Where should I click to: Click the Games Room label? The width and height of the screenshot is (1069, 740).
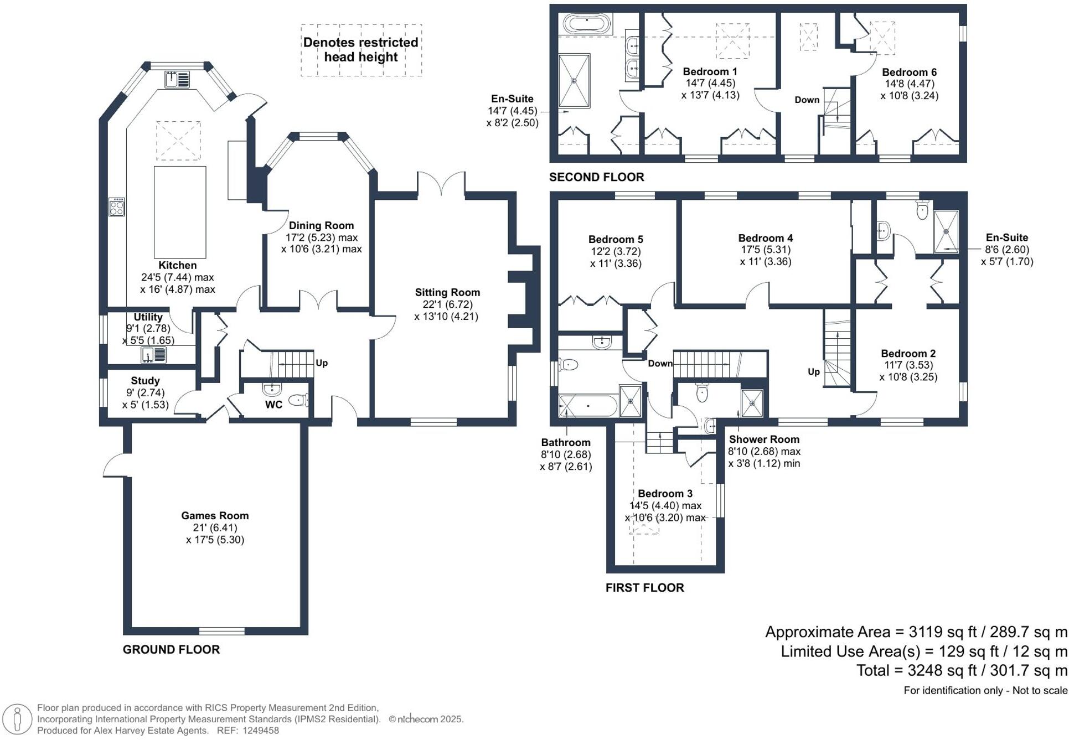pyautogui.click(x=215, y=516)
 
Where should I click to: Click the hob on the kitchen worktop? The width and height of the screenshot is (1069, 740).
pyautogui.click(x=117, y=206)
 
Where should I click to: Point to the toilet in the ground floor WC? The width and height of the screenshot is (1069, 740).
pyautogui.click(x=298, y=399)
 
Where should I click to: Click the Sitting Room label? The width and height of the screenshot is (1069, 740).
pyautogui.click(x=447, y=293)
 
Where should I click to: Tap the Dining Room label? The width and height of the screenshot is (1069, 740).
pyautogui.click(x=321, y=226)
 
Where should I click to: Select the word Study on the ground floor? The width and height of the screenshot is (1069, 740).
pyautogui.click(x=145, y=381)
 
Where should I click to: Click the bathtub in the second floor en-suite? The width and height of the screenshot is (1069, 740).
pyautogui.click(x=587, y=24)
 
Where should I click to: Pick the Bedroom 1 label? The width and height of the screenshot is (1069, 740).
pyautogui.click(x=710, y=72)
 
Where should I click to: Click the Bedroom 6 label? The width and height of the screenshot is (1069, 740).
pyautogui.click(x=909, y=73)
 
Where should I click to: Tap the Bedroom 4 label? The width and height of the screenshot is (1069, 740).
pyautogui.click(x=765, y=239)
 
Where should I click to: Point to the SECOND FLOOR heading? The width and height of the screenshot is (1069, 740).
pyautogui.click(x=596, y=177)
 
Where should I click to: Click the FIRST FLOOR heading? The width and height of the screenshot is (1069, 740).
pyautogui.click(x=644, y=588)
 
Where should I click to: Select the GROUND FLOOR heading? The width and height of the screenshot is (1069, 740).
pyautogui.click(x=171, y=650)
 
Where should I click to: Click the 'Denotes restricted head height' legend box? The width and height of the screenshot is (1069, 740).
pyautogui.click(x=361, y=50)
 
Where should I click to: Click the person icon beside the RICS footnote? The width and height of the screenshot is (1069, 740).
pyautogui.click(x=18, y=720)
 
